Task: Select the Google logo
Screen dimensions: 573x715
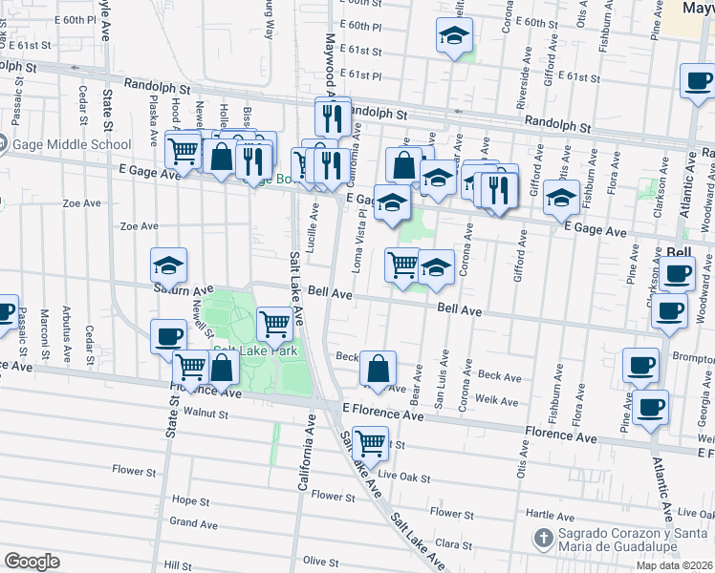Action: [32, 562]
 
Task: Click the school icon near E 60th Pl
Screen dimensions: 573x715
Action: [454, 38]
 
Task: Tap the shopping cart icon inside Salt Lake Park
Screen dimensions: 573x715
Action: [274, 325]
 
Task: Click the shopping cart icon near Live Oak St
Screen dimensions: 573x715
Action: [370, 442]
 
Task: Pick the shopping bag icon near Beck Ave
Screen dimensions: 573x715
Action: [379, 368]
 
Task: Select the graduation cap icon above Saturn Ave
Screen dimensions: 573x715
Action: [169, 265]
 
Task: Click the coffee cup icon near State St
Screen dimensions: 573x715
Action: [169, 336]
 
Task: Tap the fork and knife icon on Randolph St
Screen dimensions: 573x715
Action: [333, 117]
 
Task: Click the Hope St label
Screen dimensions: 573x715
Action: [190, 500]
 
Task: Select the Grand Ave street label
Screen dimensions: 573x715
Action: [194, 523]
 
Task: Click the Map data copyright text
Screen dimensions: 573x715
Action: [675, 565]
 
